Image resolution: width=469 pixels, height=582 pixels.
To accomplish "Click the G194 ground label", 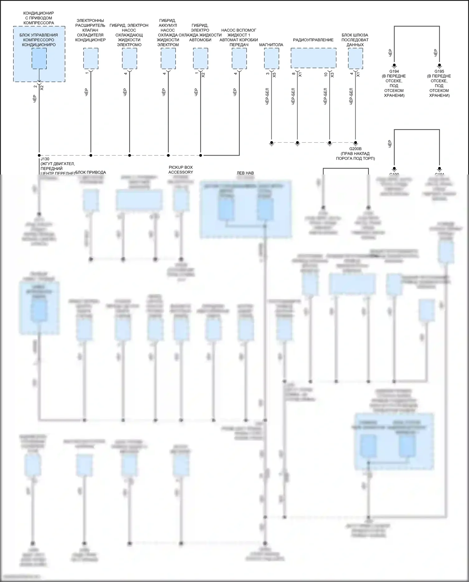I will tap(394, 71).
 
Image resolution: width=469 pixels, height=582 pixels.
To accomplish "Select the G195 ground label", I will tap(439, 71).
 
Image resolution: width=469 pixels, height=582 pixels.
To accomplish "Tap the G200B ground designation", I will tap(355, 149).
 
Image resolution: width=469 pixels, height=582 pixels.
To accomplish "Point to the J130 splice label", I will tap(45, 159).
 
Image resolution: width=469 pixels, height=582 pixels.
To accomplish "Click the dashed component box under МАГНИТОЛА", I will tap(271, 58).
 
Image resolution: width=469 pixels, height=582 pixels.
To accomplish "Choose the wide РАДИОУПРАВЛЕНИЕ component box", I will tap(313, 58).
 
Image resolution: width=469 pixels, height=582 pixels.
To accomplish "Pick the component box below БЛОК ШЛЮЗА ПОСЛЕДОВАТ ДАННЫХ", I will tap(356, 58).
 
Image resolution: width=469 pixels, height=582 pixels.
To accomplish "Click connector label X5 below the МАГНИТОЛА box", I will tap(274, 75).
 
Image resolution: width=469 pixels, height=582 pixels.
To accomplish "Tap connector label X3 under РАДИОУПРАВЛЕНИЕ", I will tap(332, 75).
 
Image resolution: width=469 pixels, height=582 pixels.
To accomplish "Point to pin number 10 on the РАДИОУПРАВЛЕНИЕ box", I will tap(326, 74).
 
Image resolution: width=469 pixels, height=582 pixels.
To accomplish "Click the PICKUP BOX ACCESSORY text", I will tap(181, 170).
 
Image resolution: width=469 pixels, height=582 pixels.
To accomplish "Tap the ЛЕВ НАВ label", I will tap(245, 173).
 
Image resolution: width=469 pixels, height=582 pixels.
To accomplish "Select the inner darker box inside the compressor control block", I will tap(39, 58).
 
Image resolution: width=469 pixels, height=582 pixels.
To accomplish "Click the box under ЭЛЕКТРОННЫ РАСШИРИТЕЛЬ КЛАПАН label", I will tap(91, 58).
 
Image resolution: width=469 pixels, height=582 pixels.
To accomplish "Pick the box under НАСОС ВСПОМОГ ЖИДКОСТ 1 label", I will tap(239, 58).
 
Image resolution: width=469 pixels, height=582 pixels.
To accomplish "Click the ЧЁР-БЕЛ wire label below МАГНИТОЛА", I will tap(267, 96).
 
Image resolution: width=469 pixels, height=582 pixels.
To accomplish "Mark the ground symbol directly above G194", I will tap(394, 66).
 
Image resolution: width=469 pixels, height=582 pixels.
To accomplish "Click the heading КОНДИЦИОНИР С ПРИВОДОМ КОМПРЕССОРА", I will tap(39, 18).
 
